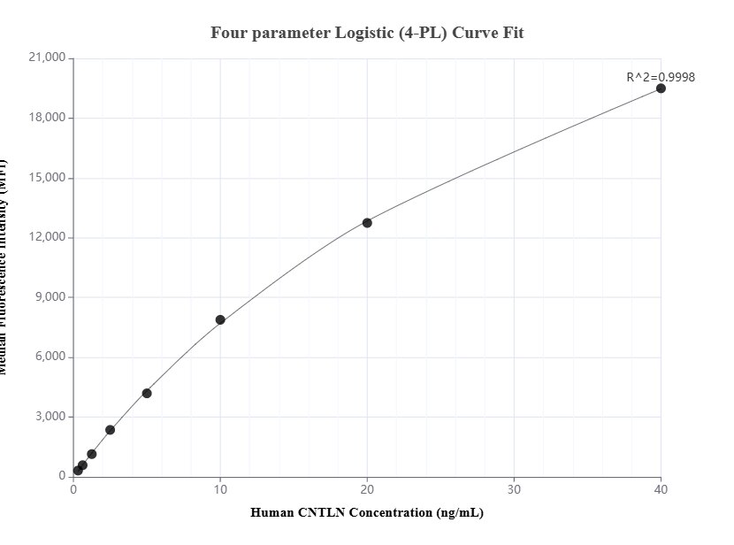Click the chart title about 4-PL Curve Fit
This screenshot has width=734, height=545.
pos(367,33)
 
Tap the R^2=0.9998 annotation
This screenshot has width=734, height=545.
pos(660,77)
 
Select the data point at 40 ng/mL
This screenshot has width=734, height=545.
pos(661,88)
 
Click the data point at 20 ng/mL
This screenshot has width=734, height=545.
pos(367,223)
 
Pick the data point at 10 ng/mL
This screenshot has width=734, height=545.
pos(220,320)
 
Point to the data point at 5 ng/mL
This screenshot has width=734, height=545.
pos(147,394)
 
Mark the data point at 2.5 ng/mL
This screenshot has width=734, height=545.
pos(110,430)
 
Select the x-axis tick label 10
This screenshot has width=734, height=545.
pos(220,489)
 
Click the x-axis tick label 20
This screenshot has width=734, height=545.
pos(367,489)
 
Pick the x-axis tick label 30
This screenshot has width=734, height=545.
pos(514,489)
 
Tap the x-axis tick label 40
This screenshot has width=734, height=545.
pos(661,489)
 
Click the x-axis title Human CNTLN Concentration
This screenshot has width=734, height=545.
pos(367,512)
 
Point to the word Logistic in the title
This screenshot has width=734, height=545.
pos(366,33)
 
